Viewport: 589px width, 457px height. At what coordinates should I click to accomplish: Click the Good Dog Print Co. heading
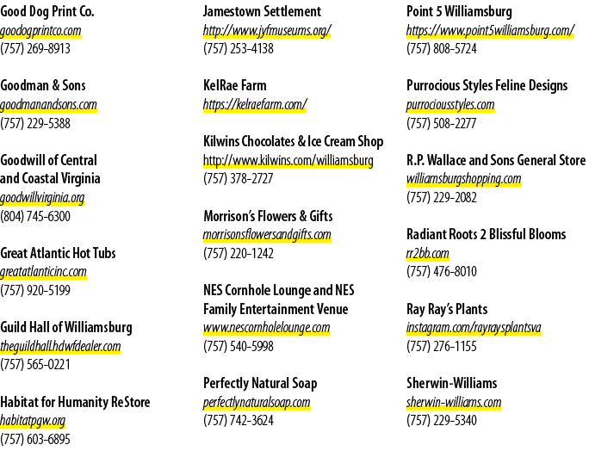point(47,12)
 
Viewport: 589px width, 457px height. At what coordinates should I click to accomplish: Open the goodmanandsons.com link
point(48,105)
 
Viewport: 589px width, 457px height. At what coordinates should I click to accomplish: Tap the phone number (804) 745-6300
point(35,216)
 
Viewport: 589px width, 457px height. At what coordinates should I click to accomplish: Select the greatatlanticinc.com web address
point(43,272)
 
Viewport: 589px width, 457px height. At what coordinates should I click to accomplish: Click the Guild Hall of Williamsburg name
point(66,327)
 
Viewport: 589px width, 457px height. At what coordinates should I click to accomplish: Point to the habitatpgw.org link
point(33,421)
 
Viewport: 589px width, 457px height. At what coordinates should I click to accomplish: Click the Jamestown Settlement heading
point(262,12)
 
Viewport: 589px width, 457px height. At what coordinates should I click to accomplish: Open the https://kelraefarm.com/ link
point(255,105)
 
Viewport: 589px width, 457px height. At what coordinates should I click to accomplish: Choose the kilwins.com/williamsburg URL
point(288,161)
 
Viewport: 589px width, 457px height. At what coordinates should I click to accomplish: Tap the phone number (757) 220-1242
point(239,254)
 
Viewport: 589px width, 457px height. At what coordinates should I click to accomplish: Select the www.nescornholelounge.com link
point(267,328)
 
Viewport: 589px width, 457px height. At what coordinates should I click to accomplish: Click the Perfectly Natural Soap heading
point(260,383)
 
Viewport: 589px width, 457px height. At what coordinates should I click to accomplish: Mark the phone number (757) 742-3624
point(239,421)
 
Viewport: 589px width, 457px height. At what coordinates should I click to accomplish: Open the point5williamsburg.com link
point(491,31)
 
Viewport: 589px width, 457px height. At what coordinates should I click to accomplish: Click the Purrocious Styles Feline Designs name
point(487,86)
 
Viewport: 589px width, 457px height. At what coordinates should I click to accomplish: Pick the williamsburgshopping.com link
point(464,179)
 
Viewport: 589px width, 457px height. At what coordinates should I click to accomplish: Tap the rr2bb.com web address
point(428,254)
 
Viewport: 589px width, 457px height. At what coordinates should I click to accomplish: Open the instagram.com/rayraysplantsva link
point(474,328)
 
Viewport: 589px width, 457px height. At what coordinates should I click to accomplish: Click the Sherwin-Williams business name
point(452,383)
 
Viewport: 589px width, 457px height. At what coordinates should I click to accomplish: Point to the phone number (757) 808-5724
point(442,49)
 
